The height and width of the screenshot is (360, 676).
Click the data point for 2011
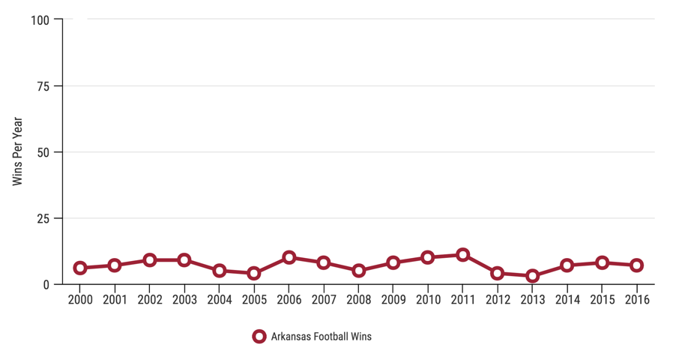(x=462, y=255)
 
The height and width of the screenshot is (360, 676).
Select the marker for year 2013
(x=532, y=276)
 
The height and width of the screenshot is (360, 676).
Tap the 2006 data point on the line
(x=289, y=258)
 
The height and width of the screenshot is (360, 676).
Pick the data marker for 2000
(x=80, y=268)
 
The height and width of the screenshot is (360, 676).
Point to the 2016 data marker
(x=636, y=265)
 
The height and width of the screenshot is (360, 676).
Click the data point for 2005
(x=254, y=274)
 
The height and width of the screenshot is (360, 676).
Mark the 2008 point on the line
(x=358, y=271)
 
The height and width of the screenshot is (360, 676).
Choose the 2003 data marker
(x=184, y=260)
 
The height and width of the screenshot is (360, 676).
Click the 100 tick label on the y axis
(x=40, y=20)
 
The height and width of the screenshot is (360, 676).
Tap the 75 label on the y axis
(x=43, y=86)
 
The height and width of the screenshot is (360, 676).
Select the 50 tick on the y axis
(x=43, y=152)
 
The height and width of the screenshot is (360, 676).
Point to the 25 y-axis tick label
(x=43, y=218)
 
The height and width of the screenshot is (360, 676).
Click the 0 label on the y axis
(x=46, y=285)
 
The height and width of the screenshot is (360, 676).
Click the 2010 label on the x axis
(x=428, y=300)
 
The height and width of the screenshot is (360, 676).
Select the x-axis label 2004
(x=220, y=300)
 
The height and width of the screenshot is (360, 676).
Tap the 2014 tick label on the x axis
(x=567, y=300)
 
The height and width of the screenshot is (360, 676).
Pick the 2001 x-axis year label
(x=115, y=300)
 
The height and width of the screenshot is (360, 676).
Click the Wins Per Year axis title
(x=18, y=151)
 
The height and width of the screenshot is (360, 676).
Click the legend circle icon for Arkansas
(x=259, y=337)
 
